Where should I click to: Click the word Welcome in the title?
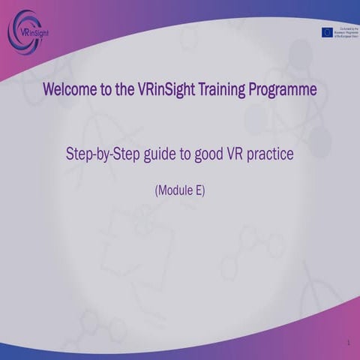(x=69, y=90)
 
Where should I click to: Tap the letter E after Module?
(x=198, y=190)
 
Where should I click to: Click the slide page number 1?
(x=349, y=343)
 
